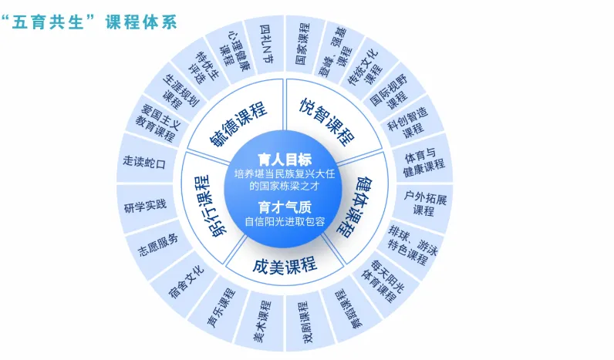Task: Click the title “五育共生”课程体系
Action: pyautogui.click(x=90, y=22)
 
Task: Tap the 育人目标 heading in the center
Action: pyautogui.click(x=285, y=160)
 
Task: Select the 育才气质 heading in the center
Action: pyautogui.click(x=285, y=206)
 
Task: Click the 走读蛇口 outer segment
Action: pyautogui.click(x=145, y=162)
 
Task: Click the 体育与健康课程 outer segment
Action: pyautogui.click(x=424, y=157)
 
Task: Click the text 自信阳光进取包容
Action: pyautogui.click(x=285, y=223)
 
